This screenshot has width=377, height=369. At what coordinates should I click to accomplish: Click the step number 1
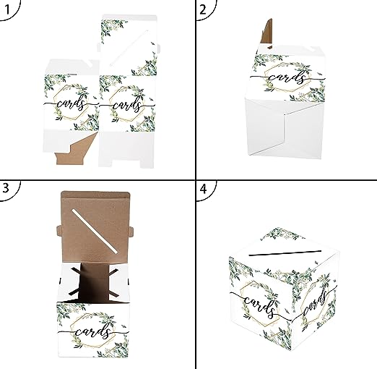[7, 9]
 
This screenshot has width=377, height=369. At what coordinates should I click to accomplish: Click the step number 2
[203, 9]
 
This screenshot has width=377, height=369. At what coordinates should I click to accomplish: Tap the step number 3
[6, 188]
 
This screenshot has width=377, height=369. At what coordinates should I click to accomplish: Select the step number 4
[203, 189]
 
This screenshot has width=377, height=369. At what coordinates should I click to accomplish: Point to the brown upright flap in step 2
[267, 33]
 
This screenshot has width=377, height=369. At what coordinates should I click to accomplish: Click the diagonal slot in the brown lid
[95, 231]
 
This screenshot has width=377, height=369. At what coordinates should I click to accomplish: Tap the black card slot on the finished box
[285, 253]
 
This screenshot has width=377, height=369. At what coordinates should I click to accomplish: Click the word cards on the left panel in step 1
[71, 104]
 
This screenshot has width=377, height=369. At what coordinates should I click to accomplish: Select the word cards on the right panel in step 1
[127, 105]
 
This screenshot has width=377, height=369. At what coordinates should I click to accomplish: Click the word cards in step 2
[287, 77]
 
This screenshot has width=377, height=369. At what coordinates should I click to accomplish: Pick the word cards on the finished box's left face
[259, 305]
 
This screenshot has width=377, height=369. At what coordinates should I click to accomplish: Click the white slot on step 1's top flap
[129, 48]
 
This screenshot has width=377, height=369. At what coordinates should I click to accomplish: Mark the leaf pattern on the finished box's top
[282, 234]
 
